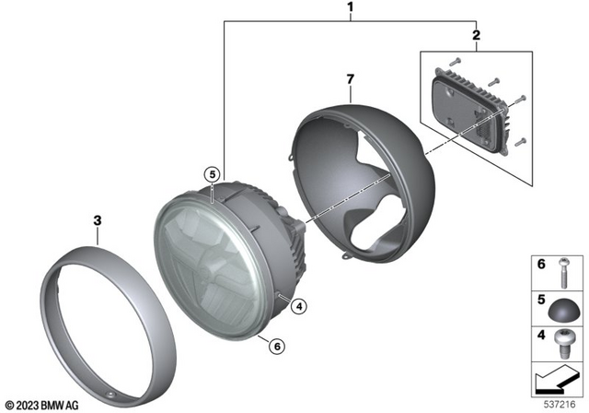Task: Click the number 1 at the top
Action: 351,9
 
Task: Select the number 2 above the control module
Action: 475,35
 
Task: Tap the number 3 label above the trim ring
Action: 97,220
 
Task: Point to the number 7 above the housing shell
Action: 349,81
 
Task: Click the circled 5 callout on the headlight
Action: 211,174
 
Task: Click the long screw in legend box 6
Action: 565,272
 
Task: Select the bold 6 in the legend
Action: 541,265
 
